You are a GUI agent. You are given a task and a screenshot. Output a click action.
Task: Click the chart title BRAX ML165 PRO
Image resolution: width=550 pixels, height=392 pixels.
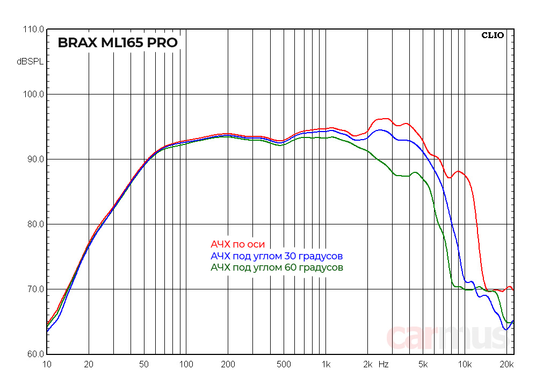point(118,43)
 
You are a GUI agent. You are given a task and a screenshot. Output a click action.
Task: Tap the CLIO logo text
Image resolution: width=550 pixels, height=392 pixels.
point(493,35)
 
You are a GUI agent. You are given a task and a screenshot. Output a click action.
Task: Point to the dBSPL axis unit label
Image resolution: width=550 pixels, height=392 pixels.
point(30,62)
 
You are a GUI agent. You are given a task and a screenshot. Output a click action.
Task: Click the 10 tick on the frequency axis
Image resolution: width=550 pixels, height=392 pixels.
point(47,365)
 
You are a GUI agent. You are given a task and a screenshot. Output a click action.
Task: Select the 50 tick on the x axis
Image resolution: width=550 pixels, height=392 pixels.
point(144,365)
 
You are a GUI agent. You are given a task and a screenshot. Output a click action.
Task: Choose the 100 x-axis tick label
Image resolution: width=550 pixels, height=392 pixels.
point(186,365)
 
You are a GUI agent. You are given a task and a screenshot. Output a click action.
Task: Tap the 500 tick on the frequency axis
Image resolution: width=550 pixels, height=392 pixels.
point(284,365)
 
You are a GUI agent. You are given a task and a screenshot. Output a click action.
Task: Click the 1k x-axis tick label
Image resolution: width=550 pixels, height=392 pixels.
point(325,365)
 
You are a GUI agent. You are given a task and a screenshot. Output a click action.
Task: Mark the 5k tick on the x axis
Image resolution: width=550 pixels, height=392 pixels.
point(423,365)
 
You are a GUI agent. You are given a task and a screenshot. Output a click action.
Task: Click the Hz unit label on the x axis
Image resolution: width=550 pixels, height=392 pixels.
point(383,365)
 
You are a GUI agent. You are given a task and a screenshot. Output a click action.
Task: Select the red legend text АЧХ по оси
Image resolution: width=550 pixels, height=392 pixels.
point(238,244)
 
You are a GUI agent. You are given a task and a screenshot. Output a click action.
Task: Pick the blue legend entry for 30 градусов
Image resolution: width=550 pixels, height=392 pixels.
point(277,256)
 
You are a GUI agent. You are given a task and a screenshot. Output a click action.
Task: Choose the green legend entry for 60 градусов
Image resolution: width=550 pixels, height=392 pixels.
point(277,267)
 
